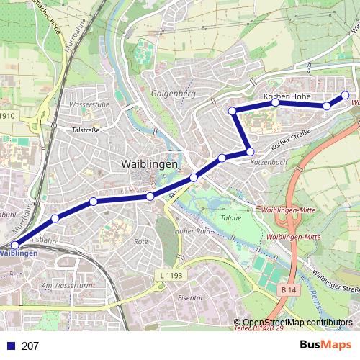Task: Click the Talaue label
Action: [x=230, y=215]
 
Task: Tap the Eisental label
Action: [x=190, y=297]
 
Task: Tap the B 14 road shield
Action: [x=288, y=289]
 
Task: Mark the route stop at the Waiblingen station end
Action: [x=15, y=246]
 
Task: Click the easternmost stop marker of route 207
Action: [x=345, y=95]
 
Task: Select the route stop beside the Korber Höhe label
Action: [x=275, y=103]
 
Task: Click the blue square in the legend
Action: [x=9, y=346]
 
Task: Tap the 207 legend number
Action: [x=30, y=346]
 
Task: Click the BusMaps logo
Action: [x=325, y=345]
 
